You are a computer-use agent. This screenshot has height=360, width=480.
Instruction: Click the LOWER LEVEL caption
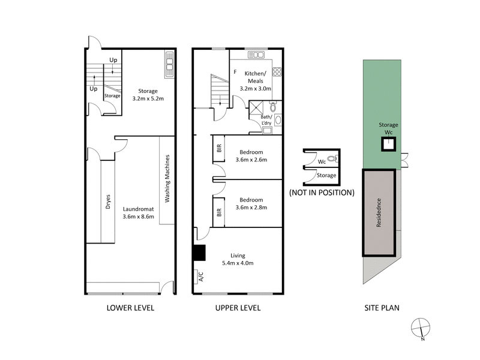coord(130,308)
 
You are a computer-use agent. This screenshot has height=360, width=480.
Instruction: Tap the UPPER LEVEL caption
coord(237,308)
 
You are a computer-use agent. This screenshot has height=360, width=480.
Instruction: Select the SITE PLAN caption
coord(382,308)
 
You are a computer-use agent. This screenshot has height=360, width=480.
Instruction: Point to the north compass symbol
coord(419,328)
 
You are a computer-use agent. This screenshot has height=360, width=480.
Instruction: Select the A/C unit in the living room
coord(200,277)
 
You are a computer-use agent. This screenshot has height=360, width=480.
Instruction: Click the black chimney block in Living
coord(199,253)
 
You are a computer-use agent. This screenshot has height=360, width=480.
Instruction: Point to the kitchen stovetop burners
coord(277,73)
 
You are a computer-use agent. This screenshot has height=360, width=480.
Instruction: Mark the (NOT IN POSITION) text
coord(322,193)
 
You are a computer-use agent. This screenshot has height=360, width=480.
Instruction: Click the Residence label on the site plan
coord(379,212)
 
